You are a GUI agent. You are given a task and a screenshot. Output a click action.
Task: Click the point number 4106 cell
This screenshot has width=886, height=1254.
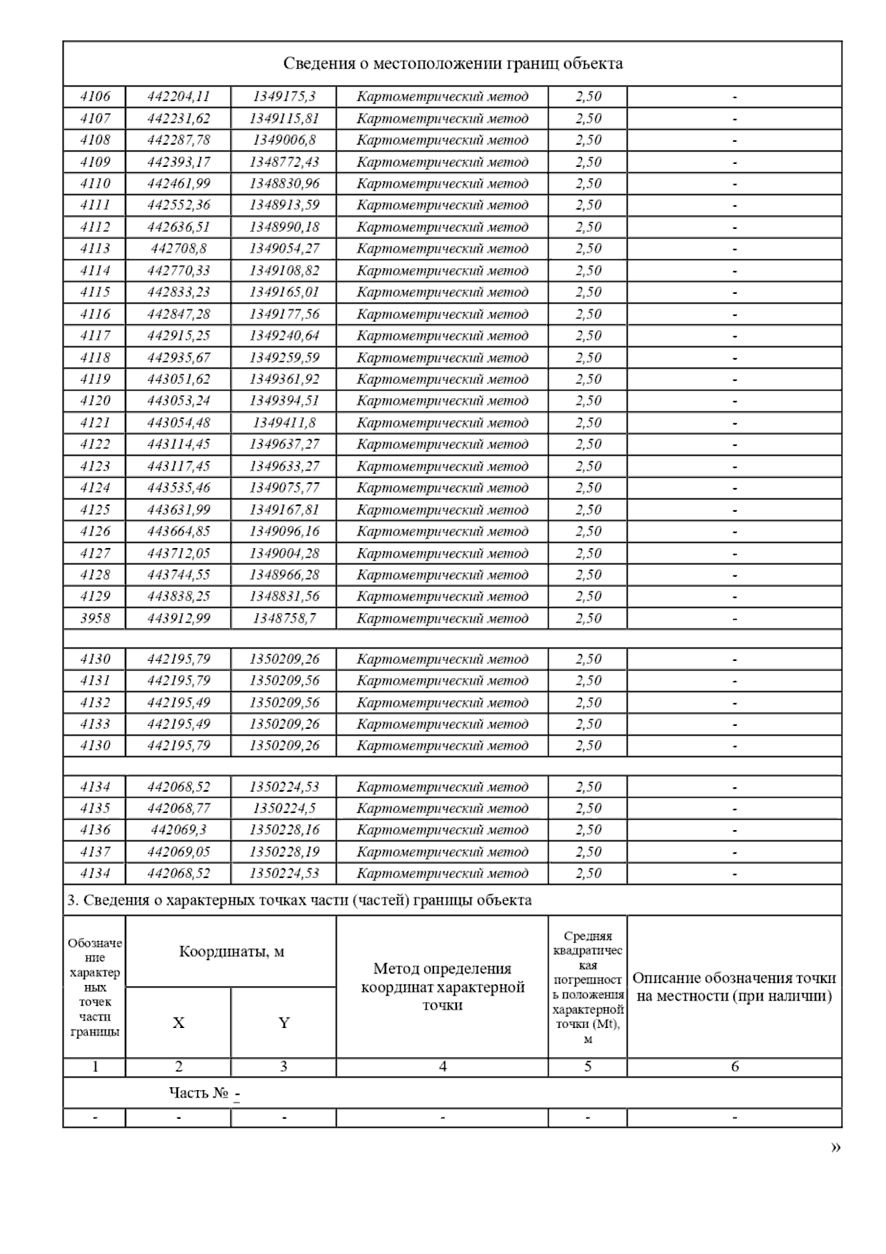click(95, 97)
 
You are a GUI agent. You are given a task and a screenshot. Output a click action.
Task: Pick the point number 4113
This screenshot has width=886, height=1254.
click(95, 249)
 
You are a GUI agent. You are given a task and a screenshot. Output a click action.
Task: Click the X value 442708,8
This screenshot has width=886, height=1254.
click(178, 249)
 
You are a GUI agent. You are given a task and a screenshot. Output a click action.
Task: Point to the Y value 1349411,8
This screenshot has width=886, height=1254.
click(284, 423)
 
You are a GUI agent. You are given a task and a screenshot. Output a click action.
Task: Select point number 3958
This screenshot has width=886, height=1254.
click(95, 619)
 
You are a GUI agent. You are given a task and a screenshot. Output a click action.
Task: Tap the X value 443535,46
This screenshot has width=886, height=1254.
click(178, 488)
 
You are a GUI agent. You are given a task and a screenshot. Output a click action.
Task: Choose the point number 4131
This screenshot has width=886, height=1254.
click(95, 681)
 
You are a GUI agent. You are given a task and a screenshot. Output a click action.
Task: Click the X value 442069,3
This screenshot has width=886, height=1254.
click(178, 830)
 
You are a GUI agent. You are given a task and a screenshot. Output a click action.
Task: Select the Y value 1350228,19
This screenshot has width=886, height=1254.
click(284, 852)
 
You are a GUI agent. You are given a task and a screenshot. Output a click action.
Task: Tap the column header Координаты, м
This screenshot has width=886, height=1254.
click(231, 952)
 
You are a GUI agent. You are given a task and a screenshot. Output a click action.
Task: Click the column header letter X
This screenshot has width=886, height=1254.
click(178, 1023)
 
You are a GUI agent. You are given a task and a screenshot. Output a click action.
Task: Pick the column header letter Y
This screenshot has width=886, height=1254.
click(284, 1023)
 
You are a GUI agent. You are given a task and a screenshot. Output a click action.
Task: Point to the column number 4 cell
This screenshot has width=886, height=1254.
click(442, 1066)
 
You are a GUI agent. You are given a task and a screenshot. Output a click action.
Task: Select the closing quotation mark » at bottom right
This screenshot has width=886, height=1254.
click(836, 1147)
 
